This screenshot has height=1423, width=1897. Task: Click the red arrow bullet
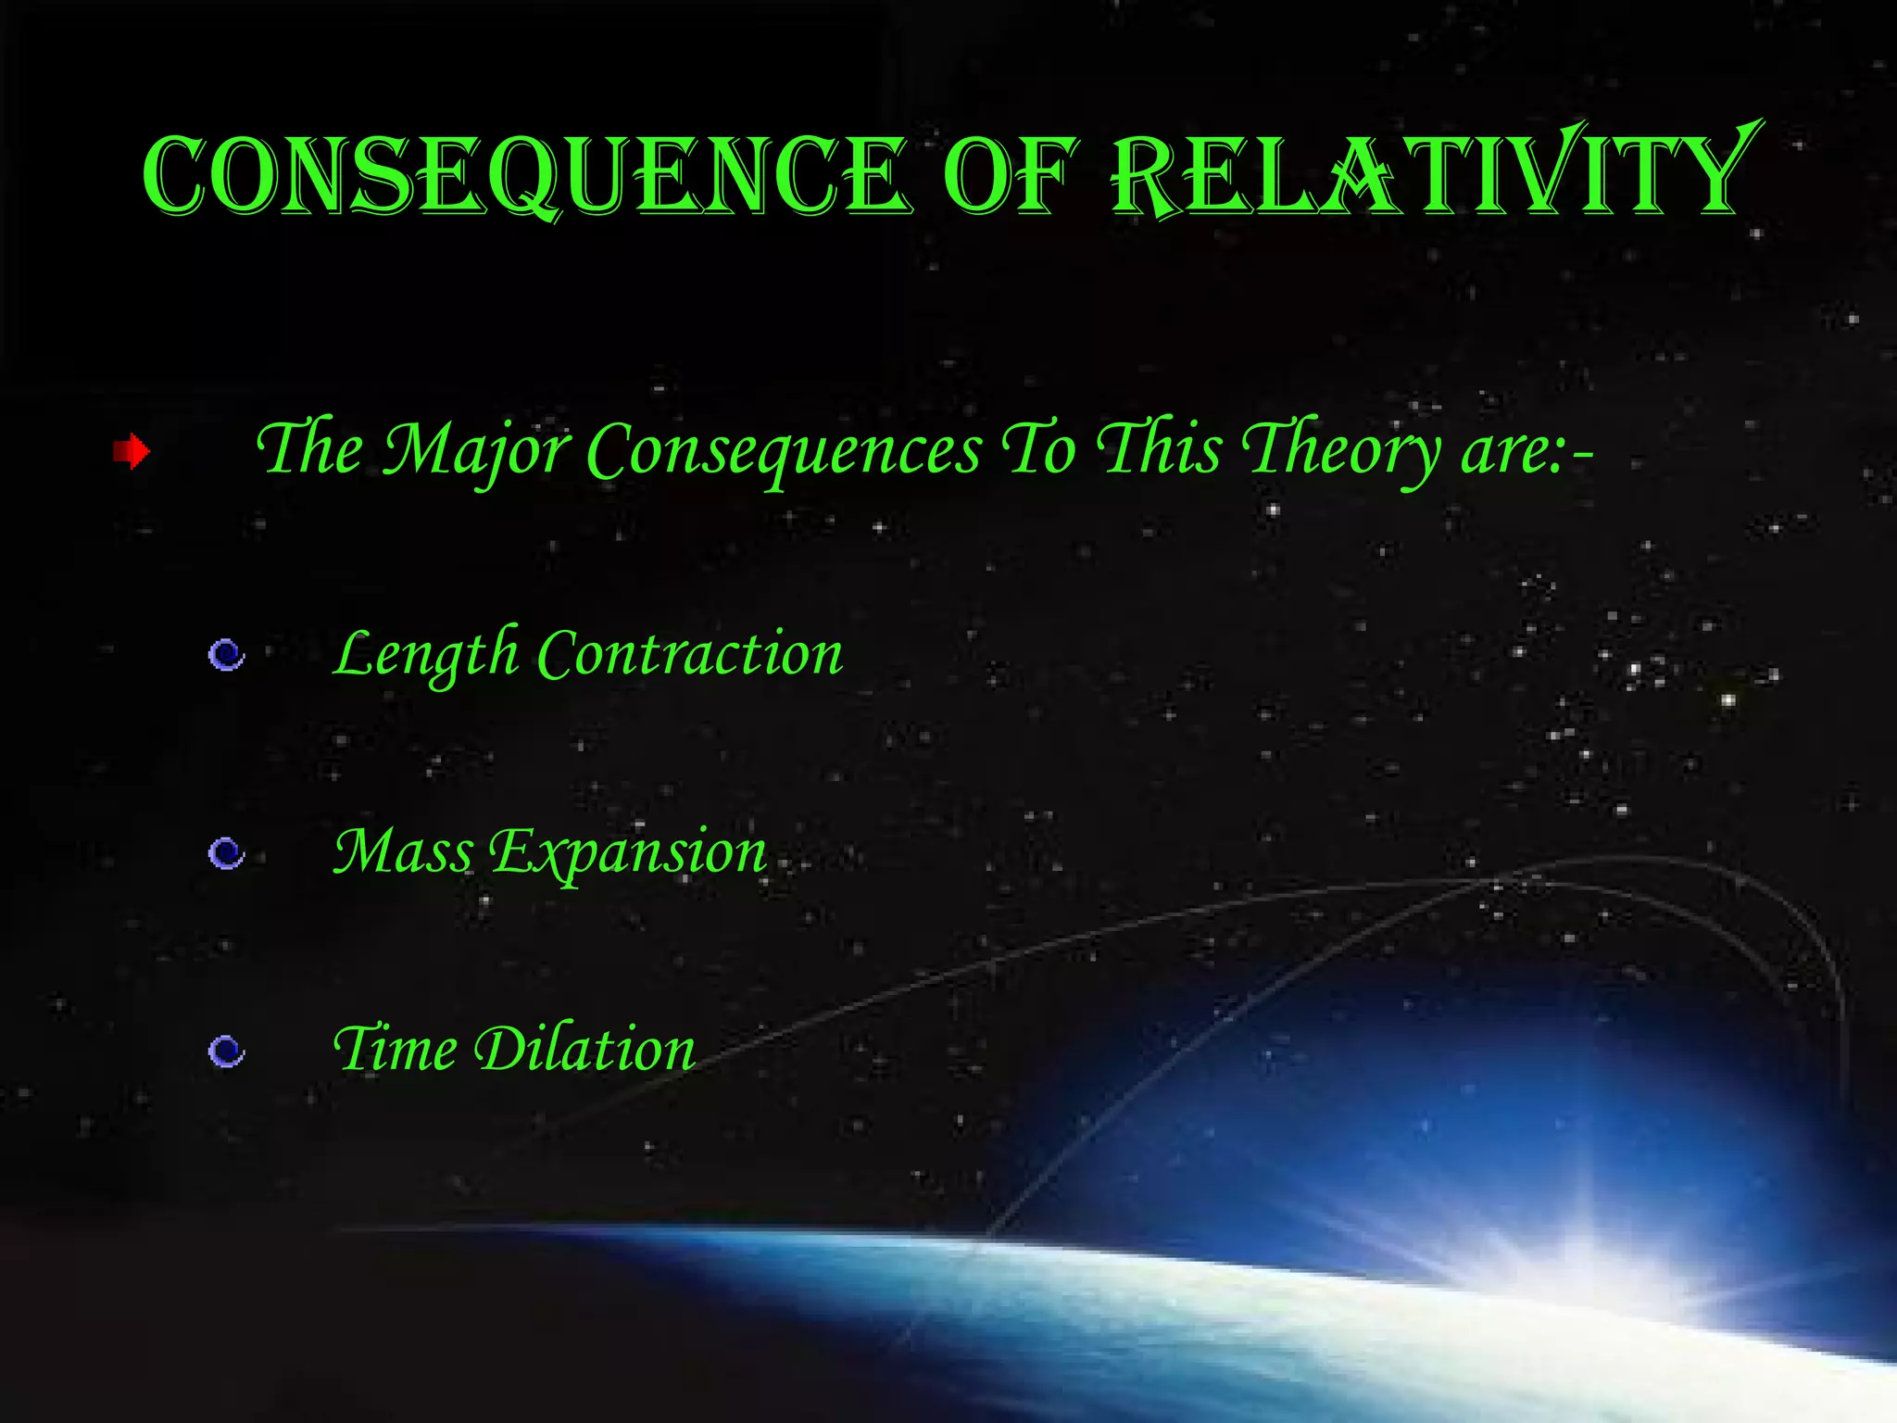[132, 452]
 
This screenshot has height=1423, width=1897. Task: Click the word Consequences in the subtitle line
[784, 450]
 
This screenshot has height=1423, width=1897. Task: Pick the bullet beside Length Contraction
[226, 656]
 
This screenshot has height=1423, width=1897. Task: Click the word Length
[426, 654]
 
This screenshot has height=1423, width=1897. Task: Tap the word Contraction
[690, 654]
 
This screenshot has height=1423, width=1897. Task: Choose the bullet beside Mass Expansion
[226, 853]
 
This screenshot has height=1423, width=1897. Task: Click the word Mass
[403, 851]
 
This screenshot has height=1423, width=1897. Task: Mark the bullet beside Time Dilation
[226, 1052]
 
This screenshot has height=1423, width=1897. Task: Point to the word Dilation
[584, 1049]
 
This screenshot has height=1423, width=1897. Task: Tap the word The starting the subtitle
[309, 448]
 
